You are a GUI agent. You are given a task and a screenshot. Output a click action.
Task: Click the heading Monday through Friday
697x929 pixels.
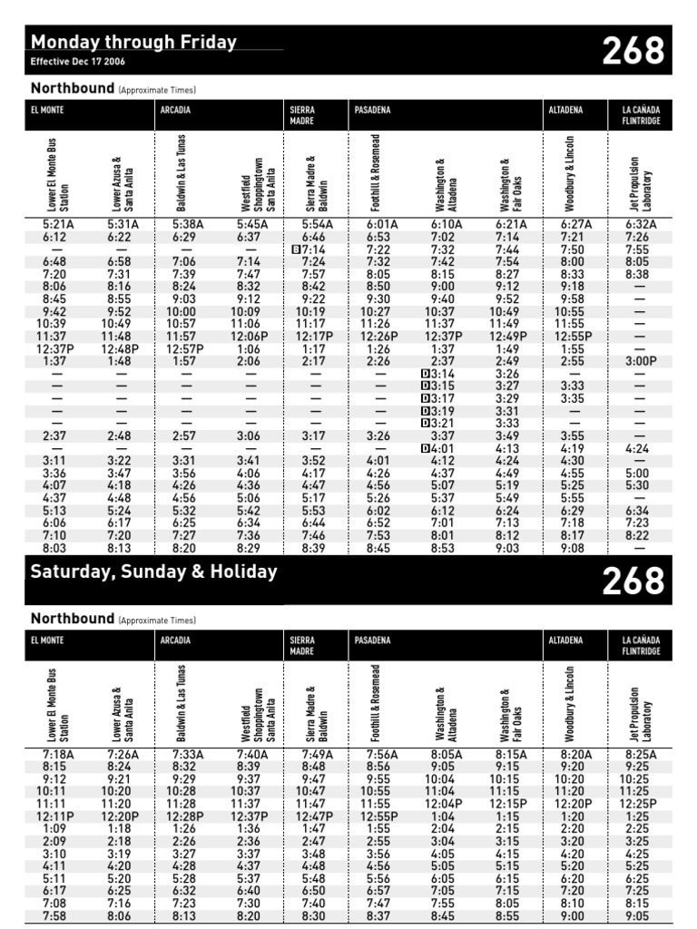(133, 42)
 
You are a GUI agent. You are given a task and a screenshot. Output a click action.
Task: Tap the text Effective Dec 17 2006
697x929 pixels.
(78, 62)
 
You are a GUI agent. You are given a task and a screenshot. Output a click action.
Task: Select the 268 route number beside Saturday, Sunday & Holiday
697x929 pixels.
(633, 581)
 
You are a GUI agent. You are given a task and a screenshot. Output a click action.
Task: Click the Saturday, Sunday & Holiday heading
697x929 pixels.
(153, 572)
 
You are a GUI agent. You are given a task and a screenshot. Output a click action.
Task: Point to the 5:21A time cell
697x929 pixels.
(61, 224)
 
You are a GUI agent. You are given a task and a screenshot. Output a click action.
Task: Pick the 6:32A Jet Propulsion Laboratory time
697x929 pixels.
(640, 224)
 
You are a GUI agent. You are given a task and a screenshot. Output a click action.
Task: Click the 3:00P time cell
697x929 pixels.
(640, 362)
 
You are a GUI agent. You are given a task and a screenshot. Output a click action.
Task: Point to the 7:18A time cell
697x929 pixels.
(58, 754)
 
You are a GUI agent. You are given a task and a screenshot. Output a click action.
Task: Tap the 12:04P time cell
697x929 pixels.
(444, 804)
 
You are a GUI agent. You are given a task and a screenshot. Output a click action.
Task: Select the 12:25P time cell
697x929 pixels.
(640, 804)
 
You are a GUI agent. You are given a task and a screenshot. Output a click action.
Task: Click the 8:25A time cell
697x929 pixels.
(640, 754)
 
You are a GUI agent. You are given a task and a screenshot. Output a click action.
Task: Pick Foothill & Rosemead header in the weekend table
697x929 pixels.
(376, 703)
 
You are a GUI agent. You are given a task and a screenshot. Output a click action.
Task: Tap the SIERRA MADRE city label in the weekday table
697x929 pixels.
(302, 115)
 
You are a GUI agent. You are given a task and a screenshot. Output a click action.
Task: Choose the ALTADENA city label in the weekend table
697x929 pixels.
(566, 641)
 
